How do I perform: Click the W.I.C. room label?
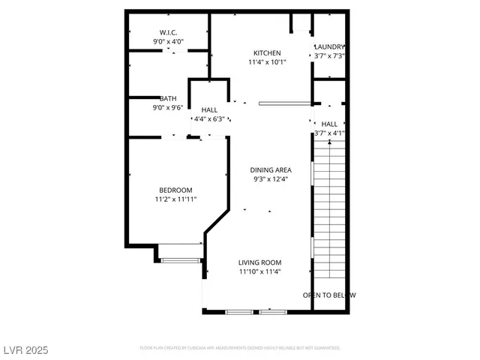[x=168, y=32]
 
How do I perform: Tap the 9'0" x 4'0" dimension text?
[x=168, y=42]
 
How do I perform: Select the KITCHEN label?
[x=267, y=53]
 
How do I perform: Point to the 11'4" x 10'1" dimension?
[x=267, y=63]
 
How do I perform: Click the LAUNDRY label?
[x=329, y=46]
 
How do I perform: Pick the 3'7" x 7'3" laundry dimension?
[x=329, y=56]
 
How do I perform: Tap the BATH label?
[x=168, y=98]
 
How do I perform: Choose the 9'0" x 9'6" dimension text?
[x=168, y=108]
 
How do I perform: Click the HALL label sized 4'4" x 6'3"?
[x=209, y=110]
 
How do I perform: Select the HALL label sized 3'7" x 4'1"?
[x=329, y=124]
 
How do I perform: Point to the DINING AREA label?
[x=271, y=169]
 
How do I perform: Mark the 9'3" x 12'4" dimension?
[x=271, y=179]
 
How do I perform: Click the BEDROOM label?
[x=175, y=190]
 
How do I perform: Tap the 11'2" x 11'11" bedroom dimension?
[x=175, y=199]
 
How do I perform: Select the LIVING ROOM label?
[x=260, y=262]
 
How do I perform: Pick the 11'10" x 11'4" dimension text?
[x=260, y=272]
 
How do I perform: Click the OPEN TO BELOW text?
[x=329, y=295]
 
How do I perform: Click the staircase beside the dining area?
[x=329, y=210]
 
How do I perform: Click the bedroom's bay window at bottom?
[x=180, y=260]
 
